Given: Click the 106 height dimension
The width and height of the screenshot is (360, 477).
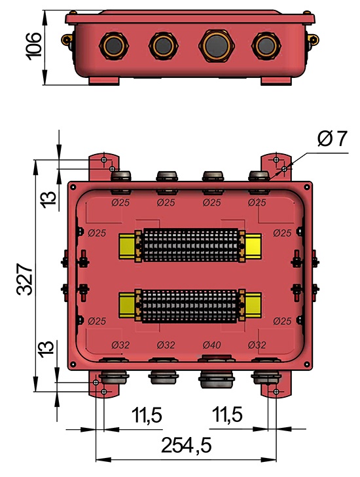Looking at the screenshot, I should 35,46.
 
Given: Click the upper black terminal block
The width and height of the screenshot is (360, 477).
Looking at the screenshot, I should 190,245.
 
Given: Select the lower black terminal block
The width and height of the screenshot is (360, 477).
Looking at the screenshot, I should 190,306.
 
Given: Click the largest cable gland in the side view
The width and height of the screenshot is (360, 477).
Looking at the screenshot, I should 216,45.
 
